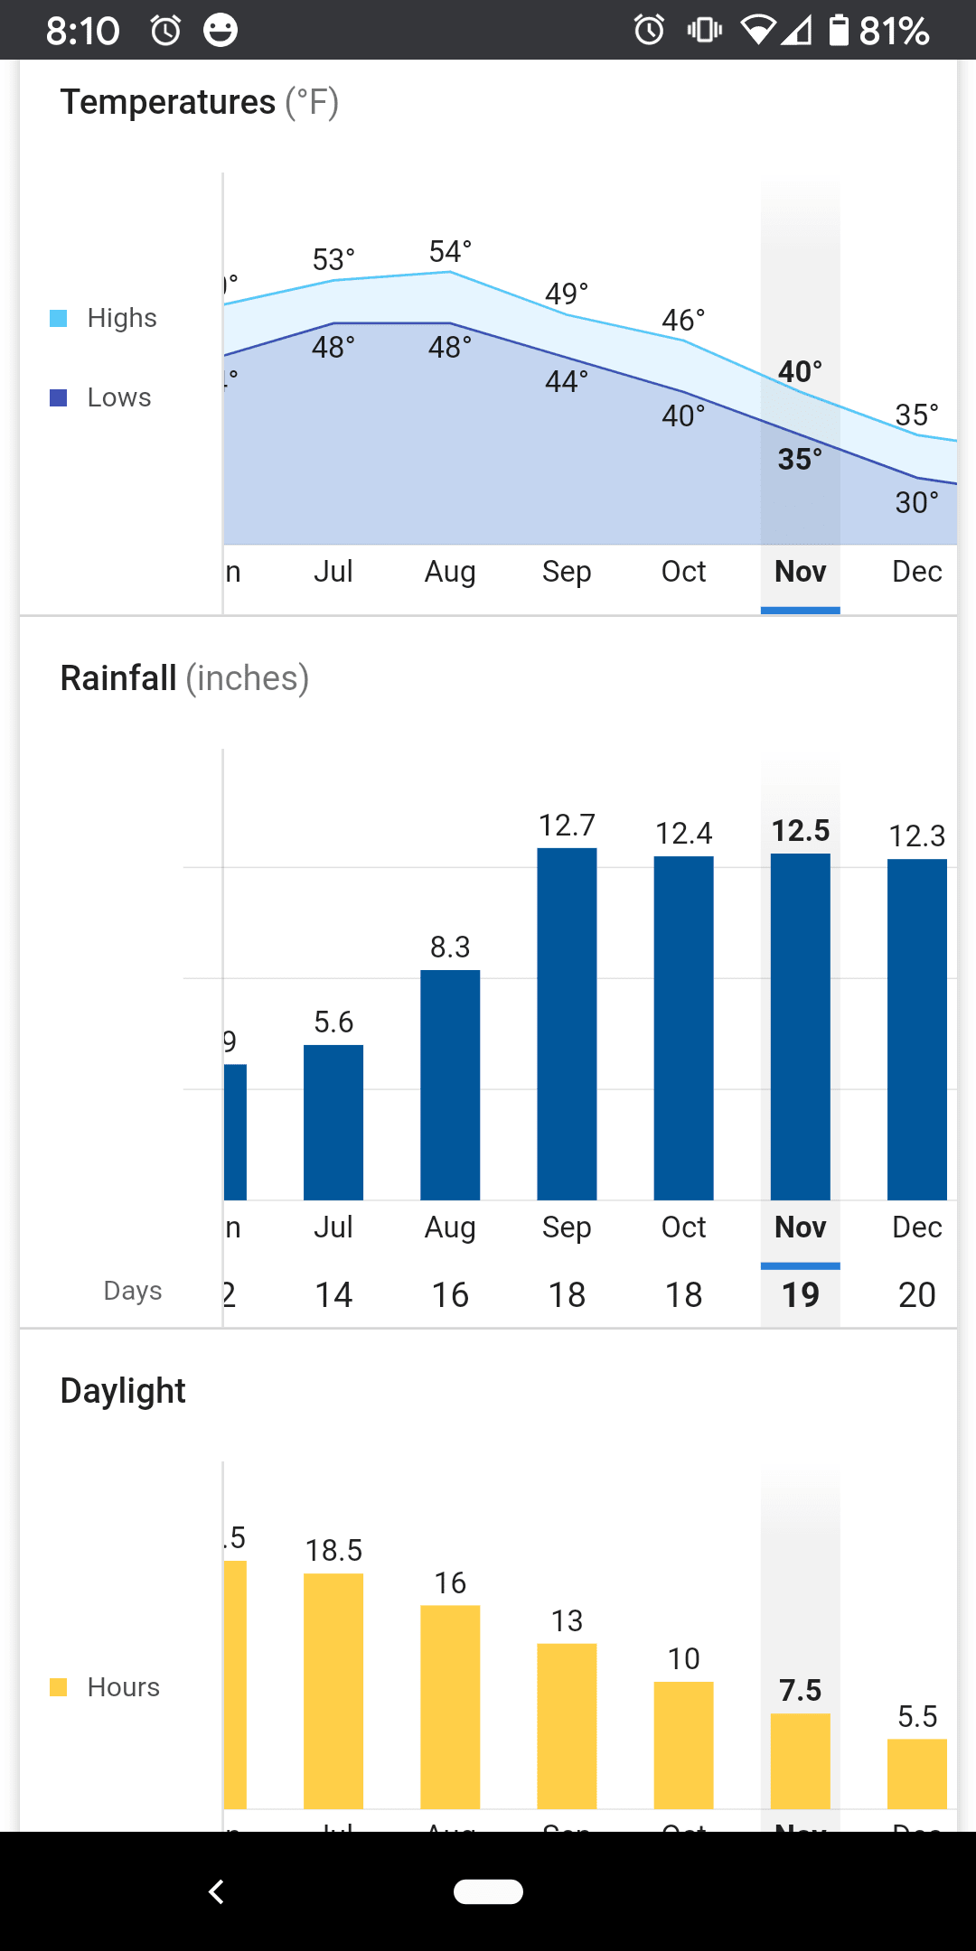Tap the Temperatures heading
168,102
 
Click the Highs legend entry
121,318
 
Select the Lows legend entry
118,397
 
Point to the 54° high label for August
450,252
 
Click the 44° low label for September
567,381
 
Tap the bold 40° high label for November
800,371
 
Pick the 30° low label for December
916,502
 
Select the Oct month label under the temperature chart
683,572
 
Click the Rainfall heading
118,678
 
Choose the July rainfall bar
333,1122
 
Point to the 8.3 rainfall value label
450,947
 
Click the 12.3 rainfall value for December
916,835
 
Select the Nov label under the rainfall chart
800,1228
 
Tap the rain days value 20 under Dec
916,1295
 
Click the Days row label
133,1291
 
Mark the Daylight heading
123,1391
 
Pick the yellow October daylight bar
683,1745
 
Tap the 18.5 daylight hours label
333,1551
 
